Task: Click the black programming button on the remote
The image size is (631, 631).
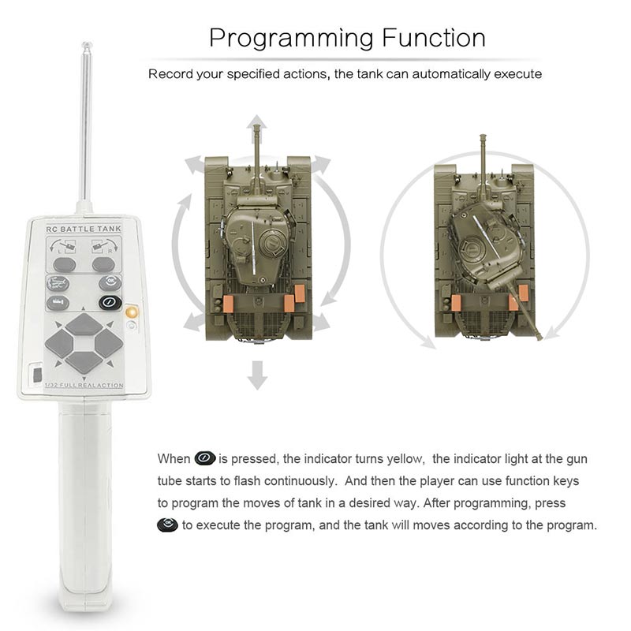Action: pos(110,302)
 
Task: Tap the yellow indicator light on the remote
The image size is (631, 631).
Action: pos(132,312)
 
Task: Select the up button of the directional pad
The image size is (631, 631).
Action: pos(84,324)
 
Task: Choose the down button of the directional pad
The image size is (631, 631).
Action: pos(84,362)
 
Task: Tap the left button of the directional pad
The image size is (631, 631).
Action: pos(59,344)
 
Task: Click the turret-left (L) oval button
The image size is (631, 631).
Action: pos(65,265)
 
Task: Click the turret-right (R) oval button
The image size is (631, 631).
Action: pos(103,265)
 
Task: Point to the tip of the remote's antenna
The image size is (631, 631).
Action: pos(87,43)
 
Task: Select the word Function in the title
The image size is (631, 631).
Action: pos(434,37)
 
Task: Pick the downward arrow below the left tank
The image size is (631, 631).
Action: pos(257,375)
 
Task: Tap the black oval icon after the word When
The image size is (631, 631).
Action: pos(205,458)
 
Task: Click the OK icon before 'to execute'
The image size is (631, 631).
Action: pos(167,525)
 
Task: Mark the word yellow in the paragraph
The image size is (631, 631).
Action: pos(405,459)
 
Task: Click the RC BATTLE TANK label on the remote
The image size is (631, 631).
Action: pos(84,229)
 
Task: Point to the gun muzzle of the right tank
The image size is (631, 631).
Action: pos(540,338)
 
